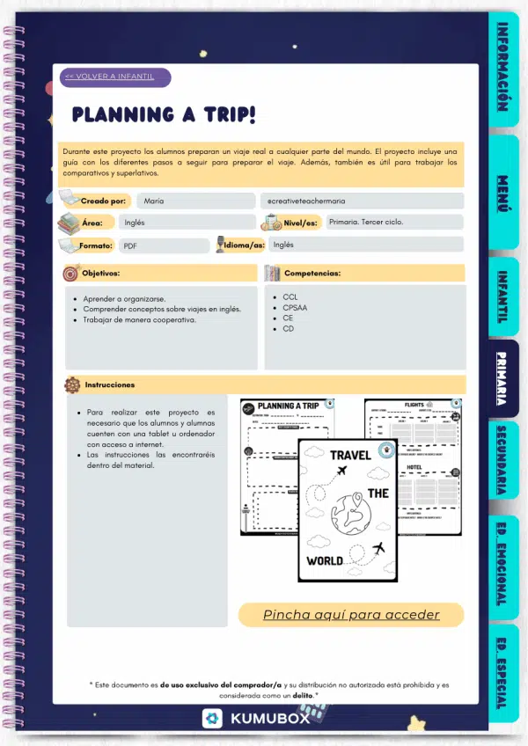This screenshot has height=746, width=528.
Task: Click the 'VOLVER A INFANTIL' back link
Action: tap(110, 77)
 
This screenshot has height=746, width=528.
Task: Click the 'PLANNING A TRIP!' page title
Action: tap(164, 114)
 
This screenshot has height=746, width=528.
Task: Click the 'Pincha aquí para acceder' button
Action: tap(351, 614)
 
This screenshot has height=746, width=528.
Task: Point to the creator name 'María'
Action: tap(154, 201)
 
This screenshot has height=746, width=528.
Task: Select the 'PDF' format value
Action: tap(130, 246)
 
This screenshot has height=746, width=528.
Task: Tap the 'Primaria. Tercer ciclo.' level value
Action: tap(365, 223)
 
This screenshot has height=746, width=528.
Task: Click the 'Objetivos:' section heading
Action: tap(101, 274)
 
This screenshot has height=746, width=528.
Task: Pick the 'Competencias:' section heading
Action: tap(312, 274)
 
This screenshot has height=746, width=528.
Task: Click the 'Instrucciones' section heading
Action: tap(110, 384)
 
